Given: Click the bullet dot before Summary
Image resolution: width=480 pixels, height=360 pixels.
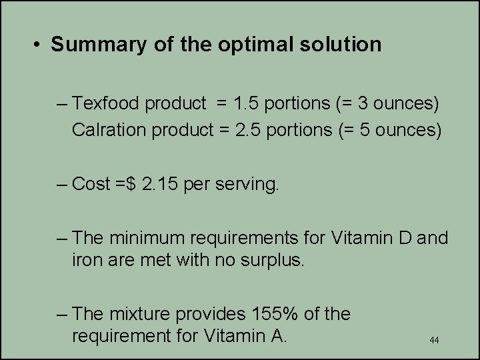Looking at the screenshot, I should click(x=38, y=45).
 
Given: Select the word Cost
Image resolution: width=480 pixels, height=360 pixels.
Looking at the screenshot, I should click(x=91, y=183).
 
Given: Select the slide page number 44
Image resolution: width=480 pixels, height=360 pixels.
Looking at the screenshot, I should click(x=434, y=341).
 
